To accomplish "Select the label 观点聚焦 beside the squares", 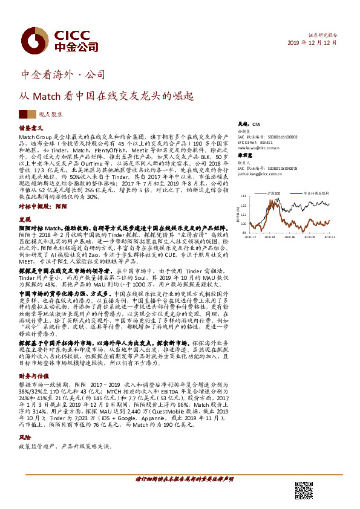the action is click(48, 114).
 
